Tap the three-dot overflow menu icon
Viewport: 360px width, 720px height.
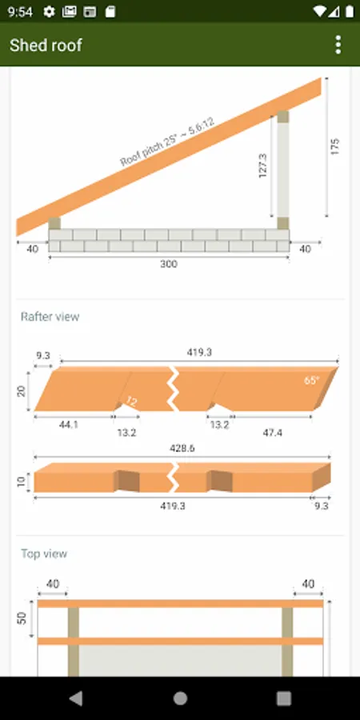point(338,45)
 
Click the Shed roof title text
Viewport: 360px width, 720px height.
point(46,45)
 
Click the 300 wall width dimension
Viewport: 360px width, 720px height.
point(169,264)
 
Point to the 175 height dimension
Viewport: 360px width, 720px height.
point(334,146)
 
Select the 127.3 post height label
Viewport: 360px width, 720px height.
point(263,166)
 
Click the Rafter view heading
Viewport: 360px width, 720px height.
point(50,317)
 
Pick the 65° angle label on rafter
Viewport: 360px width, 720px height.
point(312,380)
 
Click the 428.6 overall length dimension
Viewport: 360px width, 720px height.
point(182,448)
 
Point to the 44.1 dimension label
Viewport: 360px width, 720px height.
point(69,425)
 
